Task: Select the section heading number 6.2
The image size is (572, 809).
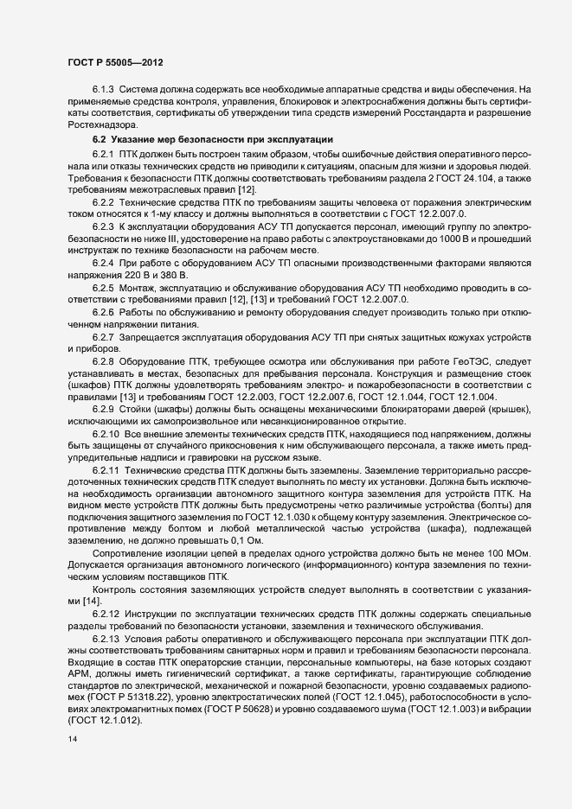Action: click(100, 140)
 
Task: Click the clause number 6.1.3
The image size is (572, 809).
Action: click(105, 89)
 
